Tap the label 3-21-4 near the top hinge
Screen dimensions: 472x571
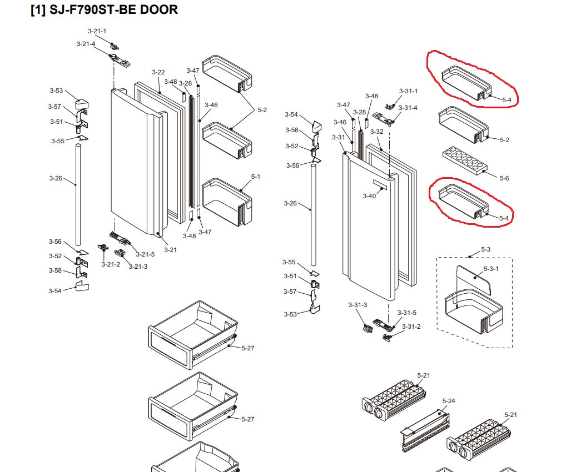coord(86,44)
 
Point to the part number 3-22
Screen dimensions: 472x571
coord(158,72)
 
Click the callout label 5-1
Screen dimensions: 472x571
coord(256,177)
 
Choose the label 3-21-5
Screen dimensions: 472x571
coord(145,254)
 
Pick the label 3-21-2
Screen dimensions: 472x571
coord(111,264)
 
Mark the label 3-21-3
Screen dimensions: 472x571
coord(138,267)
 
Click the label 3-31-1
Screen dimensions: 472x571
coord(408,91)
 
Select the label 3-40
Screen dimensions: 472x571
coord(369,196)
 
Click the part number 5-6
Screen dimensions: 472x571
coord(504,178)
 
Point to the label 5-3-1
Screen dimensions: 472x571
coord(491,269)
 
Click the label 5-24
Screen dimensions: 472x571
coord(449,401)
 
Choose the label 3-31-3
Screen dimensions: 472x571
coord(358,305)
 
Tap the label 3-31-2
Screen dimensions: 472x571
coord(411,327)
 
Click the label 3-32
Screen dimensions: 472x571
coord(377,132)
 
